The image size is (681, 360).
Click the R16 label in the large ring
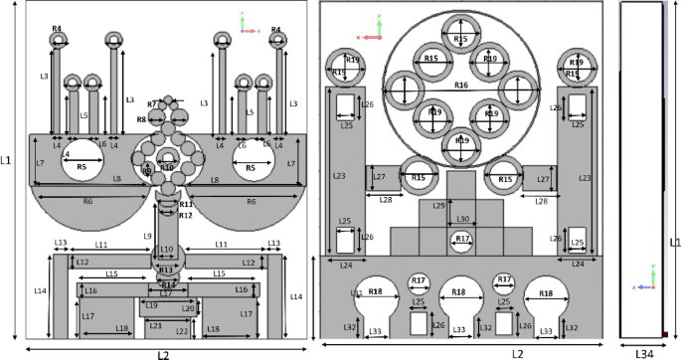click(460, 86)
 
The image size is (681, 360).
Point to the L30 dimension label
click(462, 219)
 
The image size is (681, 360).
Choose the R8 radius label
click(142, 119)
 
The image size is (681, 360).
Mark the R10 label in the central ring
click(167, 167)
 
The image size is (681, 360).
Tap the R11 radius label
click(185, 204)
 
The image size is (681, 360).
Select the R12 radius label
click(185, 215)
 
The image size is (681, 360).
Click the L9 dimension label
click(148, 236)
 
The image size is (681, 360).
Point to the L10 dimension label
click(166, 250)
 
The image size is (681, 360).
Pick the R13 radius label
click(166, 270)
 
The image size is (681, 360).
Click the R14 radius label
click(168, 285)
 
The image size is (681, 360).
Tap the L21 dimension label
click(154, 325)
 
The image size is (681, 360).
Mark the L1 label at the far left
click(7, 159)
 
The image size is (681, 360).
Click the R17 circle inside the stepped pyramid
click(461, 240)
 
